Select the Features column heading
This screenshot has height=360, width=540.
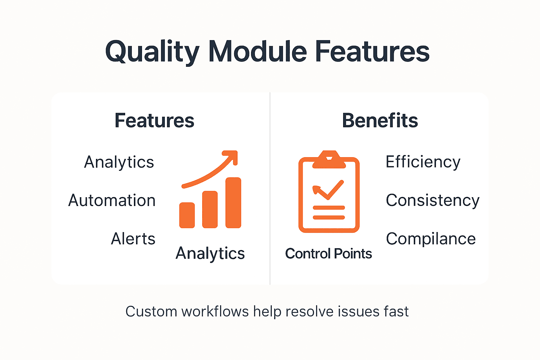point(154,121)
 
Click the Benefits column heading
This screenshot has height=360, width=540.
point(380,121)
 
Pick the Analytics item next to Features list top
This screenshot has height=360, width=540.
point(119,162)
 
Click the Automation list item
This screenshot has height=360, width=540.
point(112,201)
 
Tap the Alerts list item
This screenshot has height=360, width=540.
point(133,239)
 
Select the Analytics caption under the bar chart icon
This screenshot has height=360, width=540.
point(210,253)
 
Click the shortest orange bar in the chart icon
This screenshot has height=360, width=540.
point(187,215)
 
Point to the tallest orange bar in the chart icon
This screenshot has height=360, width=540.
point(233,203)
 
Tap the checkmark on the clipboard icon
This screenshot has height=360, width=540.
point(328,190)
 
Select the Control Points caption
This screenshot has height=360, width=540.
point(328,254)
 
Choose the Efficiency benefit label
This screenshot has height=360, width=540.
point(423,162)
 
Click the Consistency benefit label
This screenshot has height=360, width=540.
point(432,201)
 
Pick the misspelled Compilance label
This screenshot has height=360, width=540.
point(431,239)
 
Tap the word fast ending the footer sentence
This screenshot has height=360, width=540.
point(396,311)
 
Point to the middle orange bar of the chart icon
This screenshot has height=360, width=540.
point(210,210)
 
